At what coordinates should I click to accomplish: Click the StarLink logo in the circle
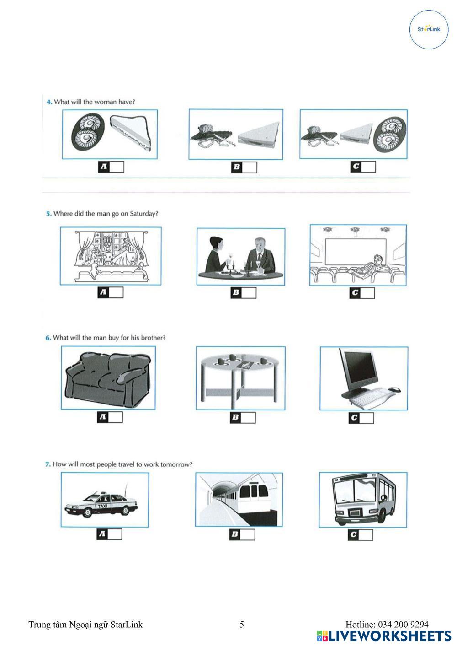[429, 29]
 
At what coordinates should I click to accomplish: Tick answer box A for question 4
[117, 167]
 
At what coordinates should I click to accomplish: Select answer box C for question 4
[368, 167]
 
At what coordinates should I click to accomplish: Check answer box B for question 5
[249, 293]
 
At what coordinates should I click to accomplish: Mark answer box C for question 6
[367, 418]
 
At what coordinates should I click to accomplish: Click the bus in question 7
[362, 500]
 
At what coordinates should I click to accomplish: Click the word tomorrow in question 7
[175, 464]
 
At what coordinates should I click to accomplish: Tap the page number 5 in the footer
[242, 625]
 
